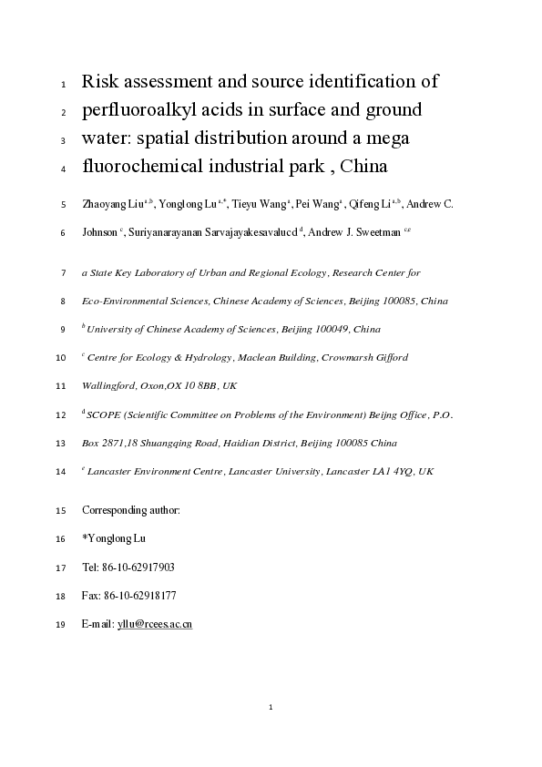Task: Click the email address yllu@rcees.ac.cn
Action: tap(155, 624)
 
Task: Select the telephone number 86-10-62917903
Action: tap(136, 568)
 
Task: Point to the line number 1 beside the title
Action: tap(63, 85)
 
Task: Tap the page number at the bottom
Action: tap(271, 707)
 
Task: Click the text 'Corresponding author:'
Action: tap(131, 511)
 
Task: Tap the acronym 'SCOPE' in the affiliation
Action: tap(103, 414)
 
